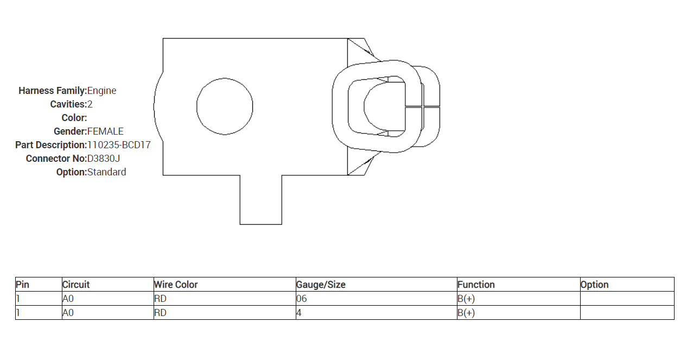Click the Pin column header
pyautogui.click(x=22, y=285)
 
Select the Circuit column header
pyautogui.click(x=76, y=285)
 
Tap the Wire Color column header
pyautogui.click(x=176, y=285)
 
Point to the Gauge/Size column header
pyautogui.click(x=321, y=285)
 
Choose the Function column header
pyautogui.click(x=476, y=285)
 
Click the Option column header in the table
pyautogui.click(x=595, y=285)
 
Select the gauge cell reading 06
pyautogui.click(x=301, y=299)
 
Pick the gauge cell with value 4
pyautogui.click(x=299, y=313)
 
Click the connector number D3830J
pyautogui.click(x=104, y=159)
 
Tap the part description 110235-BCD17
pyautogui.click(x=119, y=145)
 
